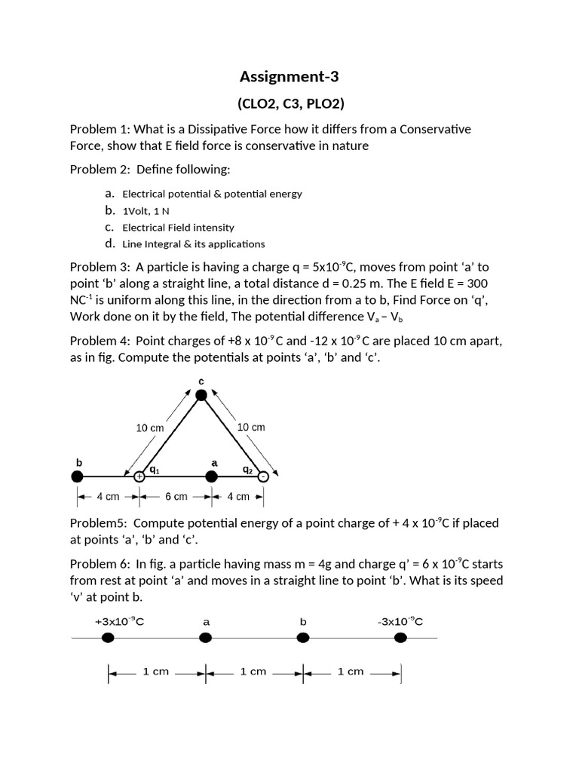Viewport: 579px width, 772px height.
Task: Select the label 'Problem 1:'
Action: point(99,129)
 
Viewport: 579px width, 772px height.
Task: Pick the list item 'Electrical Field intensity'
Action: point(178,227)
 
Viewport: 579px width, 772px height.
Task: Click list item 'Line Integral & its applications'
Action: point(193,244)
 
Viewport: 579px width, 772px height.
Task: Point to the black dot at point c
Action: point(201,394)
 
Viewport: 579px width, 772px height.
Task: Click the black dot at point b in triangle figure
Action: point(76,476)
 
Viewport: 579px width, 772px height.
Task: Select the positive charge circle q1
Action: point(139,476)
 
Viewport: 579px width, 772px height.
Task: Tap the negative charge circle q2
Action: point(262,476)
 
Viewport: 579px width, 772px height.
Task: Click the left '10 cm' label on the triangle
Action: point(149,427)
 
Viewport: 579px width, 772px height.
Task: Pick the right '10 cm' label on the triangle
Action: point(251,427)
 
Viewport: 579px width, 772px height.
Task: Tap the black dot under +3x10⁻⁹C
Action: point(108,638)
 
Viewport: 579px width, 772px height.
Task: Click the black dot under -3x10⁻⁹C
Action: point(400,638)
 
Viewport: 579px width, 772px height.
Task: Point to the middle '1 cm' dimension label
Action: point(253,672)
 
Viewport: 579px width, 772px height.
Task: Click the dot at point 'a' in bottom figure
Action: point(205,638)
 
